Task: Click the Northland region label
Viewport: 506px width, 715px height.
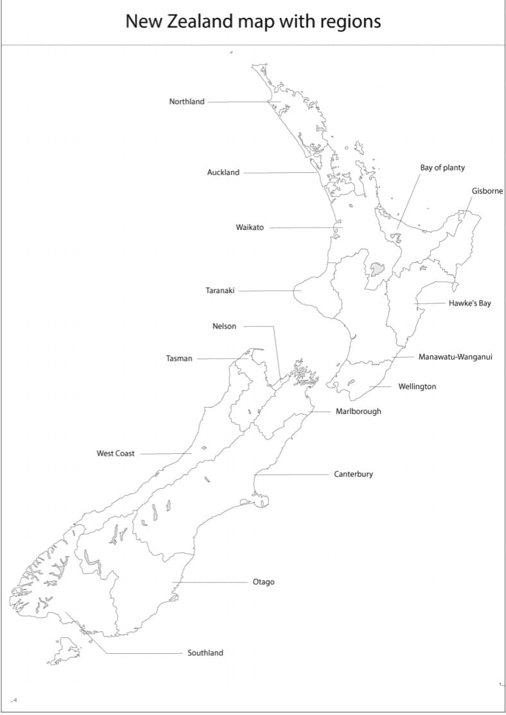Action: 187,102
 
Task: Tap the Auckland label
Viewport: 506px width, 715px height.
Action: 223,172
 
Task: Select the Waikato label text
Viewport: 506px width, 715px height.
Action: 250,228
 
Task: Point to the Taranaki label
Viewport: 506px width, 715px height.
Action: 220,291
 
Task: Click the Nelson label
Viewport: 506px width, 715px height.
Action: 224,327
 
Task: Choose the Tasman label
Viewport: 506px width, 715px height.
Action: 179,359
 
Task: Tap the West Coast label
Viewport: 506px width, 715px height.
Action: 116,454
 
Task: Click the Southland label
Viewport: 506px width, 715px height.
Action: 205,653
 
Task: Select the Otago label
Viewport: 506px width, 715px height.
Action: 263,583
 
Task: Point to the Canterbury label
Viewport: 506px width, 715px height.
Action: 353,475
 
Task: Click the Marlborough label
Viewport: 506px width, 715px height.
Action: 358,412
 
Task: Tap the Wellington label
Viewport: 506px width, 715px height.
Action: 417,387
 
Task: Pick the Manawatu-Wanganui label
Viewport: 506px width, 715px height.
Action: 455,357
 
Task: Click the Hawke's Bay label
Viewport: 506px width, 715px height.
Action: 469,303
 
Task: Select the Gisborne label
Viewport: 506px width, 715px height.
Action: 487,192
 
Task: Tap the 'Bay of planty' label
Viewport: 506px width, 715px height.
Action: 442,168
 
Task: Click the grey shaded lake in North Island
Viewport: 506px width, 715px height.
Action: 376,269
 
